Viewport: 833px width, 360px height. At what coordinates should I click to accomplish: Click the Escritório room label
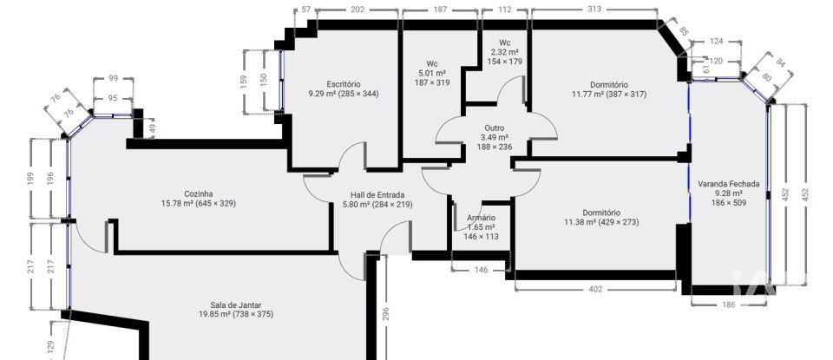pos(344,84)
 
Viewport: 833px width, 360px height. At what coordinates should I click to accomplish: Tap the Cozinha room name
pos(199,193)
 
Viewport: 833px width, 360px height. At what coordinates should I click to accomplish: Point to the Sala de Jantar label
pos(236,304)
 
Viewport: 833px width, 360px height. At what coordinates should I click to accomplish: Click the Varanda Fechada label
pos(728,183)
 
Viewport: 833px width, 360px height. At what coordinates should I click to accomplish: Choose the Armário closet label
pos(481,218)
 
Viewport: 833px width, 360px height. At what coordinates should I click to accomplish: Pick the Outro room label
pos(495,128)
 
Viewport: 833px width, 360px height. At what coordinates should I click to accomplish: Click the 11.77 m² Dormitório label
pos(608,85)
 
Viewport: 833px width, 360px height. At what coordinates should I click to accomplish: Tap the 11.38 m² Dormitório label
pos(601,212)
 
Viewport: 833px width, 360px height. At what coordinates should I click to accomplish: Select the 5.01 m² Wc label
pos(431,63)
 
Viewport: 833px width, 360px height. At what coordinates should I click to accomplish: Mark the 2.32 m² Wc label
pos(504,43)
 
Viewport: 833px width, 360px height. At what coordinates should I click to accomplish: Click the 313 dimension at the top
pos(594,10)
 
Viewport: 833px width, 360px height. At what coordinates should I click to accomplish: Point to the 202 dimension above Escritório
pos(357,10)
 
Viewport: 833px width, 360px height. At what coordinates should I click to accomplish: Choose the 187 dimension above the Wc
pos(440,10)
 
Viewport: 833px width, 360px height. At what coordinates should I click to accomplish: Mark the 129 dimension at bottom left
pos(49,347)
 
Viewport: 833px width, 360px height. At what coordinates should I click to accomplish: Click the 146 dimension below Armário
pos(482,271)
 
